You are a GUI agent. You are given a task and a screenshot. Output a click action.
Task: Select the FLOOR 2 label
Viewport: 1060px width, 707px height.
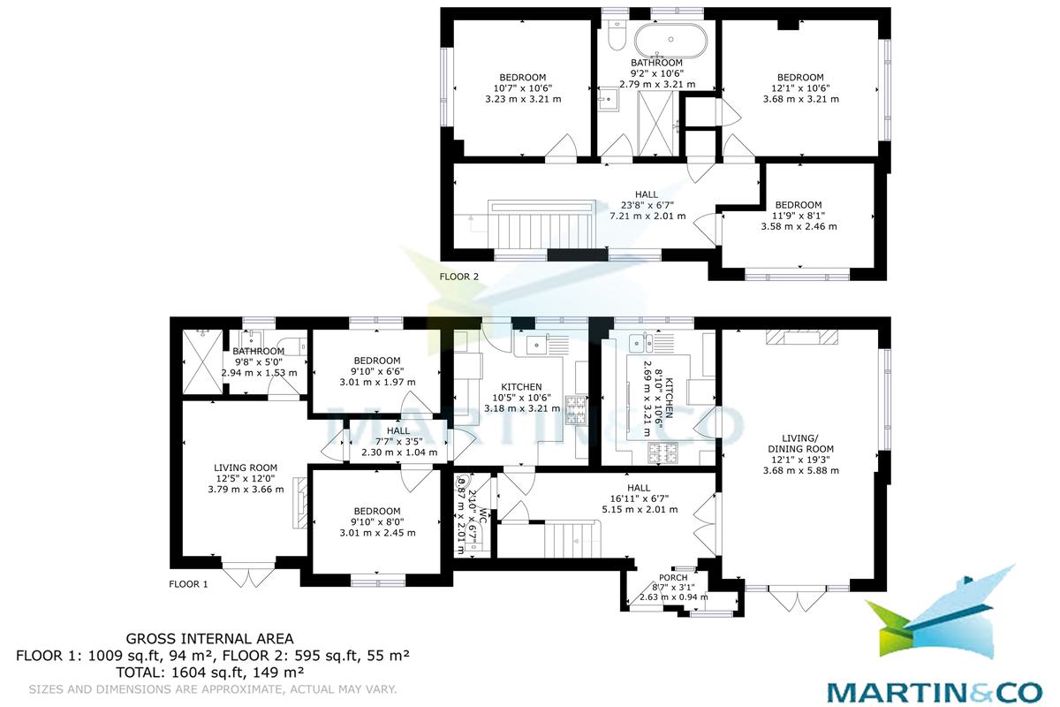pos(459,277)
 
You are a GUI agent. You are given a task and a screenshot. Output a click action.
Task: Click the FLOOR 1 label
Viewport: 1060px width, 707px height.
pos(188,584)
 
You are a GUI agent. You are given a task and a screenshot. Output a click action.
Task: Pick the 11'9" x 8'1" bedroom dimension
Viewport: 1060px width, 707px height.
pos(799,216)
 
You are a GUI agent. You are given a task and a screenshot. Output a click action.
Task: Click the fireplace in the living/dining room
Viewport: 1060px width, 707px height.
pos(799,337)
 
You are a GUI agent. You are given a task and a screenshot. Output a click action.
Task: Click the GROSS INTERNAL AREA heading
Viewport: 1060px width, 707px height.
pos(209,638)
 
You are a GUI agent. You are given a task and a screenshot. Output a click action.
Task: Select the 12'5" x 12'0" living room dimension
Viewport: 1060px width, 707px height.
pos(246,478)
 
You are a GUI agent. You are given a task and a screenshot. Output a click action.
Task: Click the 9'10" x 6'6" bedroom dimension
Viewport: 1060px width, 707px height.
pos(377,371)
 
